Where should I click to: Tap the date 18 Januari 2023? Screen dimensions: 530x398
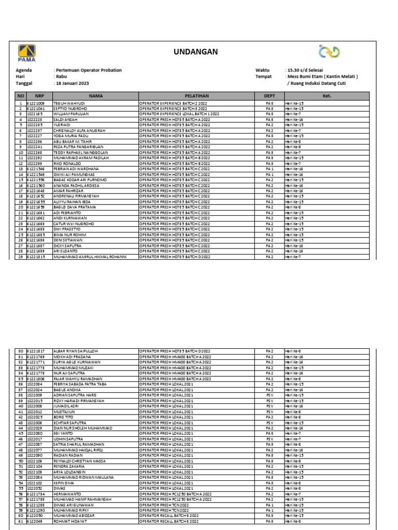pos(72,84)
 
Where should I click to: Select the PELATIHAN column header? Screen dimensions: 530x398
pos(196,96)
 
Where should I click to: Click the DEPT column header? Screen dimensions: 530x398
pos(269,96)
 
